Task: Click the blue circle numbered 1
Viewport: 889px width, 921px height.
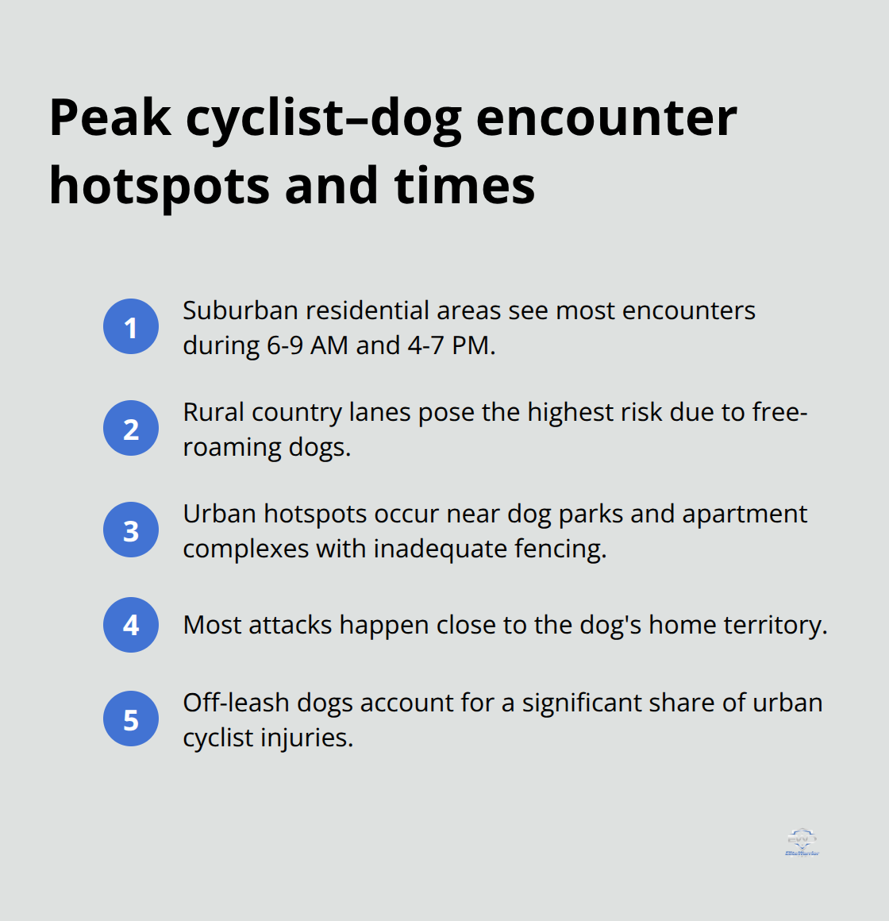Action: pyautogui.click(x=131, y=326)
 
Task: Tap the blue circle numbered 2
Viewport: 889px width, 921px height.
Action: pyautogui.click(x=131, y=428)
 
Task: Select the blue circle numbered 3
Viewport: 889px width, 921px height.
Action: pyautogui.click(x=131, y=530)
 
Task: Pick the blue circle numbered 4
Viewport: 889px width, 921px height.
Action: pyautogui.click(x=131, y=625)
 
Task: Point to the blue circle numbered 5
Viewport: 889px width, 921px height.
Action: pyautogui.click(x=131, y=720)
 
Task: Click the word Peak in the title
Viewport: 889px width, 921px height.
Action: pyautogui.click(x=110, y=118)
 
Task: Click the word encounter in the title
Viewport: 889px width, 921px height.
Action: pyautogui.click(x=606, y=118)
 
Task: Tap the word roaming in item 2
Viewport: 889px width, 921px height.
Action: pyautogui.click(x=232, y=447)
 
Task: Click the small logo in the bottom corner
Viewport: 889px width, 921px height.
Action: pyautogui.click(x=802, y=842)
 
